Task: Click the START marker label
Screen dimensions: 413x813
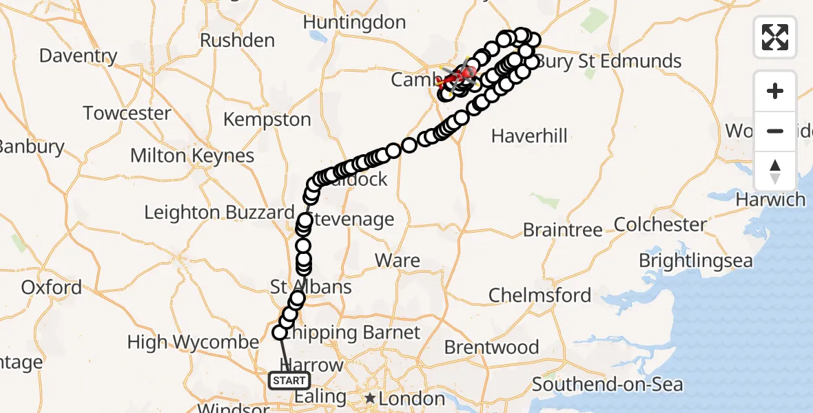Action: click(x=289, y=381)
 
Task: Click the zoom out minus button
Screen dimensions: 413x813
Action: click(x=775, y=131)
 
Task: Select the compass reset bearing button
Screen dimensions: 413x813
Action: click(x=775, y=171)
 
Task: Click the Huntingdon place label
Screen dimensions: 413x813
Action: click(x=354, y=23)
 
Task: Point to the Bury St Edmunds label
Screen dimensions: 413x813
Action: click(x=609, y=61)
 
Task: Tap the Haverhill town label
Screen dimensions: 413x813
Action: click(x=529, y=136)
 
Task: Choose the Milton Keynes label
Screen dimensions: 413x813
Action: click(x=192, y=156)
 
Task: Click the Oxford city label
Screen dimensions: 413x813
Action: click(x=51, y=287)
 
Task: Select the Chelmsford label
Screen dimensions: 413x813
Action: click(x=539, y=296)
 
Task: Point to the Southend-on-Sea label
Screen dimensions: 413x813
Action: click(x=607, y=383)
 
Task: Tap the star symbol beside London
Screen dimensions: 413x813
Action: click(x=371, y=398)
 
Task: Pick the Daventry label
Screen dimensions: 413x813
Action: click(x=78, y=55)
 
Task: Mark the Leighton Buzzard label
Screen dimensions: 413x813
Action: click(x=218, y=213)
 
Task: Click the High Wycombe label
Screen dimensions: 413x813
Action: click(x=193, y=341)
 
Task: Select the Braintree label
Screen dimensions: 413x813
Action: click(x=562, y=229)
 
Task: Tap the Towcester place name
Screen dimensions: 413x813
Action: click(x=127, y=113)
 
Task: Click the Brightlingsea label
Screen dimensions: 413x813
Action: click(x=695, y=261)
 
